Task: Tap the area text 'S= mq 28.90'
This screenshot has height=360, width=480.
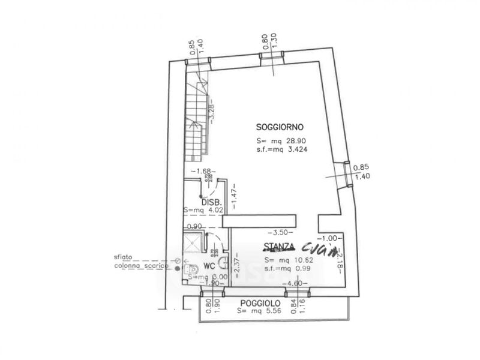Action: [x=281, y=142]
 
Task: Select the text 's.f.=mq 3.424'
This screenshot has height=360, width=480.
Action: [x=282, y=150]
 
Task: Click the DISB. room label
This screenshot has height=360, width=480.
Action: [x=212, y=202]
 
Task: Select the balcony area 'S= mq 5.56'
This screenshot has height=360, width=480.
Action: [x=257, y=311]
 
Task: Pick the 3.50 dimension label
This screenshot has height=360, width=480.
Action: [x=281, y=232]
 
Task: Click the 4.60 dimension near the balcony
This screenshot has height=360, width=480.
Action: [x=293, y=283]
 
